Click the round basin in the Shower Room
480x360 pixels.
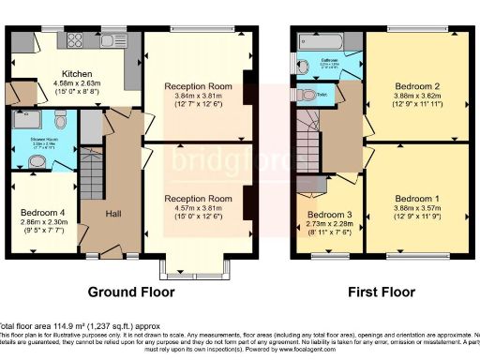[x=38, y=161]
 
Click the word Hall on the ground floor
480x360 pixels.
[x=113, y=214]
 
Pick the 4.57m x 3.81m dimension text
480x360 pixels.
[x=197, y=208]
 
